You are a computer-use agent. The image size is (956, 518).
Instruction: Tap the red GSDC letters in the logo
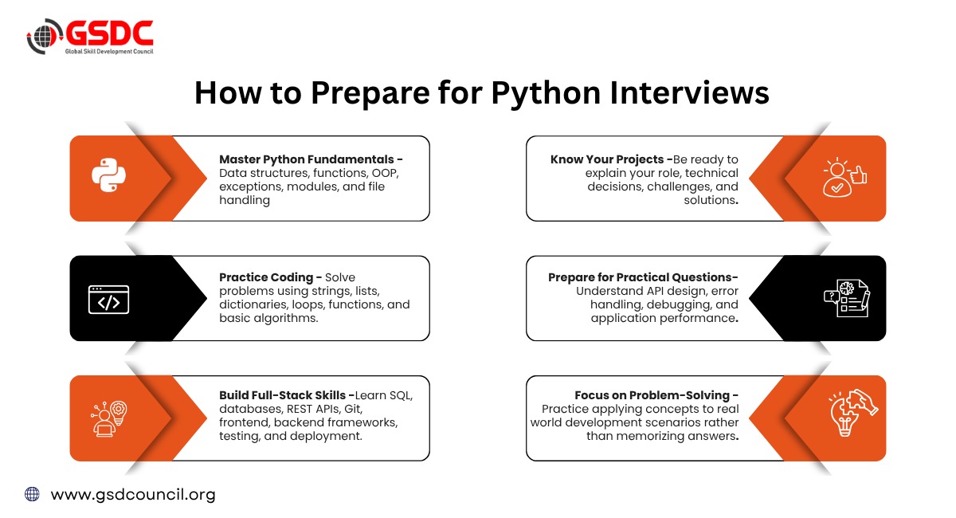tap(109, 33)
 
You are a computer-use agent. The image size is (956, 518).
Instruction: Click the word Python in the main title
tap(546, 93)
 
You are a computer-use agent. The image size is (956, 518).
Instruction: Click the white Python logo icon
tap(109, 175)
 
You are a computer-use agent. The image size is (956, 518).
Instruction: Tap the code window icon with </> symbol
tap(109, 300)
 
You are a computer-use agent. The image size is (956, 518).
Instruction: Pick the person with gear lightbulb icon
tap(109, 418)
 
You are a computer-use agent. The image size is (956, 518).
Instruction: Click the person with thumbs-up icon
tap(845, 177)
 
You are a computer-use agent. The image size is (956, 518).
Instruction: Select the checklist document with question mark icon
tap(847, 298)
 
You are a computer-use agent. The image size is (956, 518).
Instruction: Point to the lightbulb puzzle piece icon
tap(853, 413)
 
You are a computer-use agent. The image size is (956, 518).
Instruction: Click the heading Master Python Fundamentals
tap(307, 159)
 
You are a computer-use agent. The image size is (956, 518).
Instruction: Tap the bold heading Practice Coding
tap(266, 277)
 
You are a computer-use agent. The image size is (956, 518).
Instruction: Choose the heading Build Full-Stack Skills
tap(282, 395)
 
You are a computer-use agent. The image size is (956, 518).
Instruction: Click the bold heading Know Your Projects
tap(607, 159)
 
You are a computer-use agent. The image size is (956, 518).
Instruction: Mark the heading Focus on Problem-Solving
tap(652, 395)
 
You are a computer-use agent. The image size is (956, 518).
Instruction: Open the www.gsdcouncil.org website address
tap(133, 495)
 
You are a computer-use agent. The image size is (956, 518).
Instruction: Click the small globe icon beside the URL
tap(32, 494)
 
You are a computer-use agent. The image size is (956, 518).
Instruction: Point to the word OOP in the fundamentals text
tap(385, 173)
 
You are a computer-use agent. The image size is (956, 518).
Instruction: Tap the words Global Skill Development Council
tap(109, 52)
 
